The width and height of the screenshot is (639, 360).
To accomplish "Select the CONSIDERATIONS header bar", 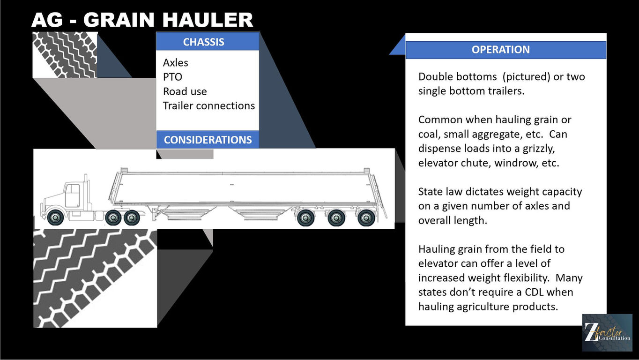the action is pos(208,140).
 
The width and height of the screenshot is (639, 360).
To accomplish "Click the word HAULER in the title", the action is pos(208,20).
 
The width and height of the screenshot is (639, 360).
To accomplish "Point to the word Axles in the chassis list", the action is pos(175,63).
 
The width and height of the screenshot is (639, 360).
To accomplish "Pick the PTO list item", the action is pos(172,77).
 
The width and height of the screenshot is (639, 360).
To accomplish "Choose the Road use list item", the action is pos(185,91).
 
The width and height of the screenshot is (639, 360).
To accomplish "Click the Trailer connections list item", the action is pos(209,106).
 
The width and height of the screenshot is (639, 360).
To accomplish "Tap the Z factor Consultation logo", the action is pos(607,333).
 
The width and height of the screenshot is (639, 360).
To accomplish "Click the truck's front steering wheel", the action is pos(55,217).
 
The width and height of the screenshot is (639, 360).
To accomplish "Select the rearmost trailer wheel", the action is pos(366,218).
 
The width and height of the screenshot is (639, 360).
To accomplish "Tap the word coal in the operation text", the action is pos(428,134).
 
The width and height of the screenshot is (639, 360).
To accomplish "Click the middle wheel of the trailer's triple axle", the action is pos(336,218).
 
